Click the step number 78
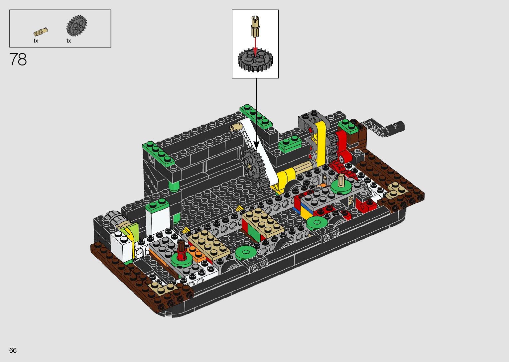[x=18, y=59]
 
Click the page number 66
[x=13, y=350]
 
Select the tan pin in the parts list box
[x=41, y=32]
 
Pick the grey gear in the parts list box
[x=76, y=26]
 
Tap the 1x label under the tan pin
[x=36, y=41]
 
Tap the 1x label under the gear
[x=68, y=41]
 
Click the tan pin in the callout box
[x=255, y=26]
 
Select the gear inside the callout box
[x=255, y=60]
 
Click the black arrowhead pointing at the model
[x=256, y=145]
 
